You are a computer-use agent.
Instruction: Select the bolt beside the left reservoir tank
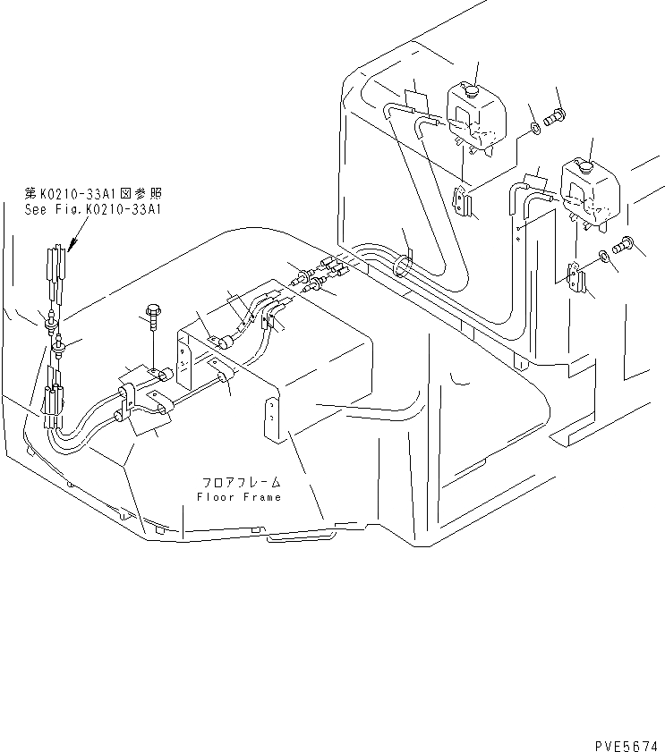(x=555, y=115)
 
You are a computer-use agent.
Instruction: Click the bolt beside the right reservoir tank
(x=624, y=242)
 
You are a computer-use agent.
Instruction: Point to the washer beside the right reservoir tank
(x=606, y=258)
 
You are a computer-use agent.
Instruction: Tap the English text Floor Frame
(x=239, y=497)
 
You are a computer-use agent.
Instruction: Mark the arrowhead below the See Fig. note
(x=70, y=244)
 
